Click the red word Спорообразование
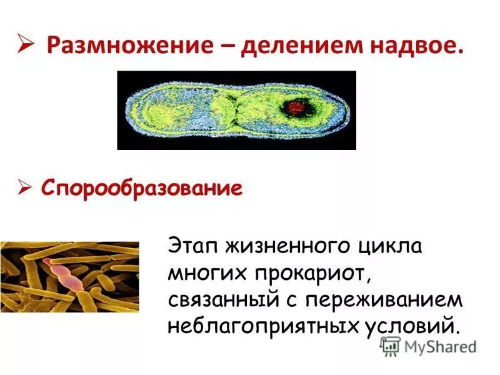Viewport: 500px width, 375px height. pos(141,188)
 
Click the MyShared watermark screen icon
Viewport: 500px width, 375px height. pos(390,346)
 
